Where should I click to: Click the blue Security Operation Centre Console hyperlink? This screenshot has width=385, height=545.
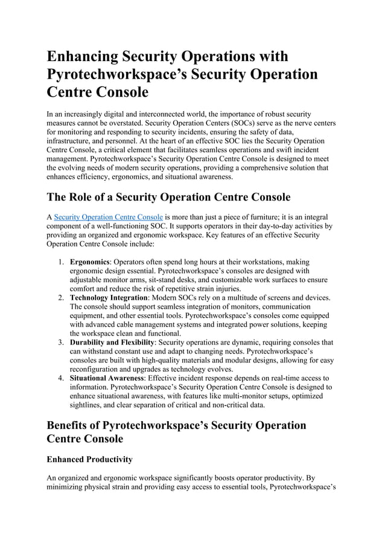109,216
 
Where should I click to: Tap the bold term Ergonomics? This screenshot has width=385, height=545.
90,262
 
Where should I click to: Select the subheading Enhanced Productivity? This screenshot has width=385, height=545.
89,459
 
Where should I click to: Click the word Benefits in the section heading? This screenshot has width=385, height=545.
72,425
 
